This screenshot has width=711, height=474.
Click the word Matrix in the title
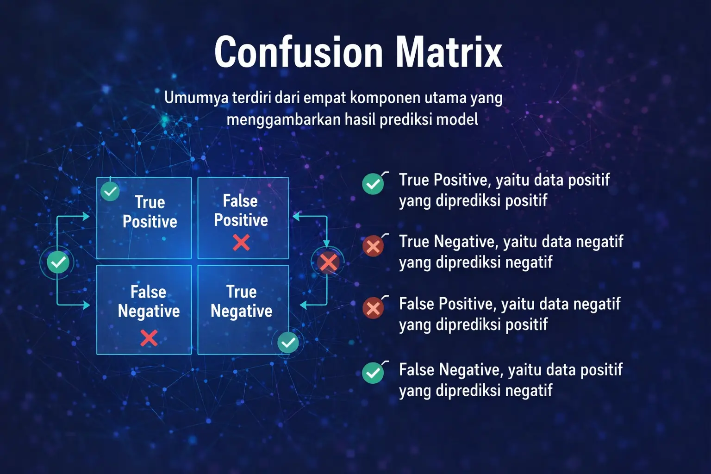449,52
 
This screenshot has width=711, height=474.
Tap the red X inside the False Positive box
241,242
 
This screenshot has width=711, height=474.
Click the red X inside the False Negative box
149,337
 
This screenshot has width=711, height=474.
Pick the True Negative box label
241,301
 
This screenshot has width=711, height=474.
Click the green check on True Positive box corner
110,191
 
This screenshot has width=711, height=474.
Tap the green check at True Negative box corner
288,343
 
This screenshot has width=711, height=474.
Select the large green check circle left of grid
58,262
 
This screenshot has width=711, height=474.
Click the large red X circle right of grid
328,262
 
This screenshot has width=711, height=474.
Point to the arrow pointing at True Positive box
85,216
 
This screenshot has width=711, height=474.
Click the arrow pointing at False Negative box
85,305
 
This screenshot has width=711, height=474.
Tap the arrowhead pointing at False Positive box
297,216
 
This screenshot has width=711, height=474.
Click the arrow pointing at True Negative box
304,305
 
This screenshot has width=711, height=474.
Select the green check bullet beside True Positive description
373,184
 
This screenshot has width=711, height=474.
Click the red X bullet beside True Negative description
373,246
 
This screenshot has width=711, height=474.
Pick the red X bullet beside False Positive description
373,308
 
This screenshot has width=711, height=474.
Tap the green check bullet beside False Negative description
373,373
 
